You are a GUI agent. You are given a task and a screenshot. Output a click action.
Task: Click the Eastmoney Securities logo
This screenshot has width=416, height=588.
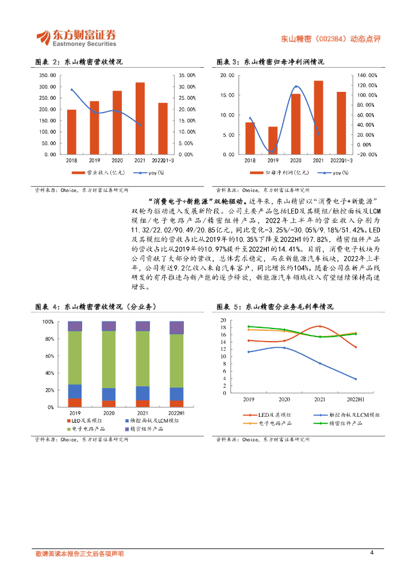[x=76, y=37]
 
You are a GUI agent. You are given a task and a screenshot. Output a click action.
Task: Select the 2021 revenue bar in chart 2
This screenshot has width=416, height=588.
[x=140, y=118]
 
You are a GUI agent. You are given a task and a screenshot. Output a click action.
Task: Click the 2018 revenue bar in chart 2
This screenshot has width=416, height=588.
[x=72, y=132]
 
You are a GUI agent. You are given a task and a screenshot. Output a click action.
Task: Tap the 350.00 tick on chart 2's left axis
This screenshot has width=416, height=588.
[x=47, y=75]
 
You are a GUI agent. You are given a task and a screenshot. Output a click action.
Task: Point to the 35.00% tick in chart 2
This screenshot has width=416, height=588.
[x=187, y=75]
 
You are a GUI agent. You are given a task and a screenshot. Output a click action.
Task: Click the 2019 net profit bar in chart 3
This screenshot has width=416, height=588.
[x=273, y=141]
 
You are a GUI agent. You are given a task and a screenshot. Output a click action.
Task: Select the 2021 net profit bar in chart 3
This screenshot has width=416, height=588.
[x=318, y=118]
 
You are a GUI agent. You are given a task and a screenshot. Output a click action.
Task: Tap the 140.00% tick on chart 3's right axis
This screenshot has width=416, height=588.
[x=367, y=75]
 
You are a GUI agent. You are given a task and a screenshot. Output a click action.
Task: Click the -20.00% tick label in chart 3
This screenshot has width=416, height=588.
[x=367, y=154]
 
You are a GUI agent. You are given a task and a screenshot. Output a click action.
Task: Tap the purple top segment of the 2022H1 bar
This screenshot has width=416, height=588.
[x=176, y=328]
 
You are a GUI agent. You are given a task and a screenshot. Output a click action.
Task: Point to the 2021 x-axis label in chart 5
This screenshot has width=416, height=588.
[x=320, y=399]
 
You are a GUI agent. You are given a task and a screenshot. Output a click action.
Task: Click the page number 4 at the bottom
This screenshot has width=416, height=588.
[x=372, y=553]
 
